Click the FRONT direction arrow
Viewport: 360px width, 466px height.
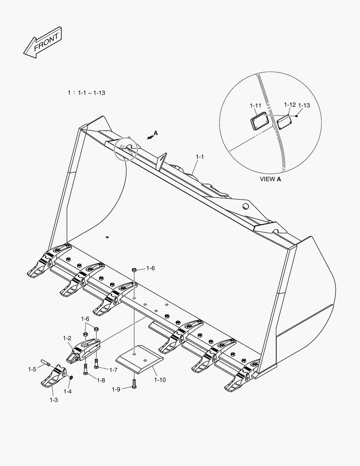[x=42, y=43]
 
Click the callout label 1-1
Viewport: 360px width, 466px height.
[x=199, y=157]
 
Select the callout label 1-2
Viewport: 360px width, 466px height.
[x=67, y=338]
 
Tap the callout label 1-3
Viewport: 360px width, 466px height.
[x=53, y=400]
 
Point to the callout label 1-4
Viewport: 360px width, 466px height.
[x=68, y=391]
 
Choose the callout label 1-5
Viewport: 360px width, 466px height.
[x=32, y=369]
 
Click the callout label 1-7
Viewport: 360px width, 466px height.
[x=113, y=370]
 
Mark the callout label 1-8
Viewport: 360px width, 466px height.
[x=101, y=380]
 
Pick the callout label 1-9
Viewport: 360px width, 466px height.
[x=116, y=389]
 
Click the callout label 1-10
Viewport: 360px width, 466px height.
[x=160, y=380]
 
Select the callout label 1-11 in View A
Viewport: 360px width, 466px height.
[x=255, y=105]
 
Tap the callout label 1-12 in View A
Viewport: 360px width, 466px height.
[x=290, y=105]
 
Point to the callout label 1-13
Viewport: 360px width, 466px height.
[x=304, y=105]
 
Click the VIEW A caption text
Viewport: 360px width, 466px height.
[x=270, y=179]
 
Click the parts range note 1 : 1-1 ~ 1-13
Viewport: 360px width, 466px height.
[x=87, y=92]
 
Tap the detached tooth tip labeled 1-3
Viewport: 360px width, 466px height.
[x=53, y=377]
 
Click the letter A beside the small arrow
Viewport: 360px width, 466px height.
[x=156, y=133]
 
